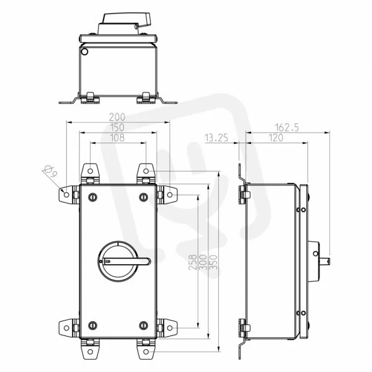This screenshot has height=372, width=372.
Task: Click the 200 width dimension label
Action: [x=117, y=117]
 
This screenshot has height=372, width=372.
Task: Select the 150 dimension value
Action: [x=117, y=127]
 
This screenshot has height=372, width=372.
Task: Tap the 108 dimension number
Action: [x=117, y=138]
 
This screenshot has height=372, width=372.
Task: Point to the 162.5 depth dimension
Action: [x=287, y=128]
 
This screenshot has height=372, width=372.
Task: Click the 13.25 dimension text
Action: [x=216, y=138]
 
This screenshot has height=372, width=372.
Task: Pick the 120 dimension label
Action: [x=276, y=138]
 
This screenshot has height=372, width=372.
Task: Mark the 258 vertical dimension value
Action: [x=193, y=262]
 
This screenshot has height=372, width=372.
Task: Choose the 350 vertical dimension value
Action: [x=213, y=262]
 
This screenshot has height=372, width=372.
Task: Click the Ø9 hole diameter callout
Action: [x=51, y=171]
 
